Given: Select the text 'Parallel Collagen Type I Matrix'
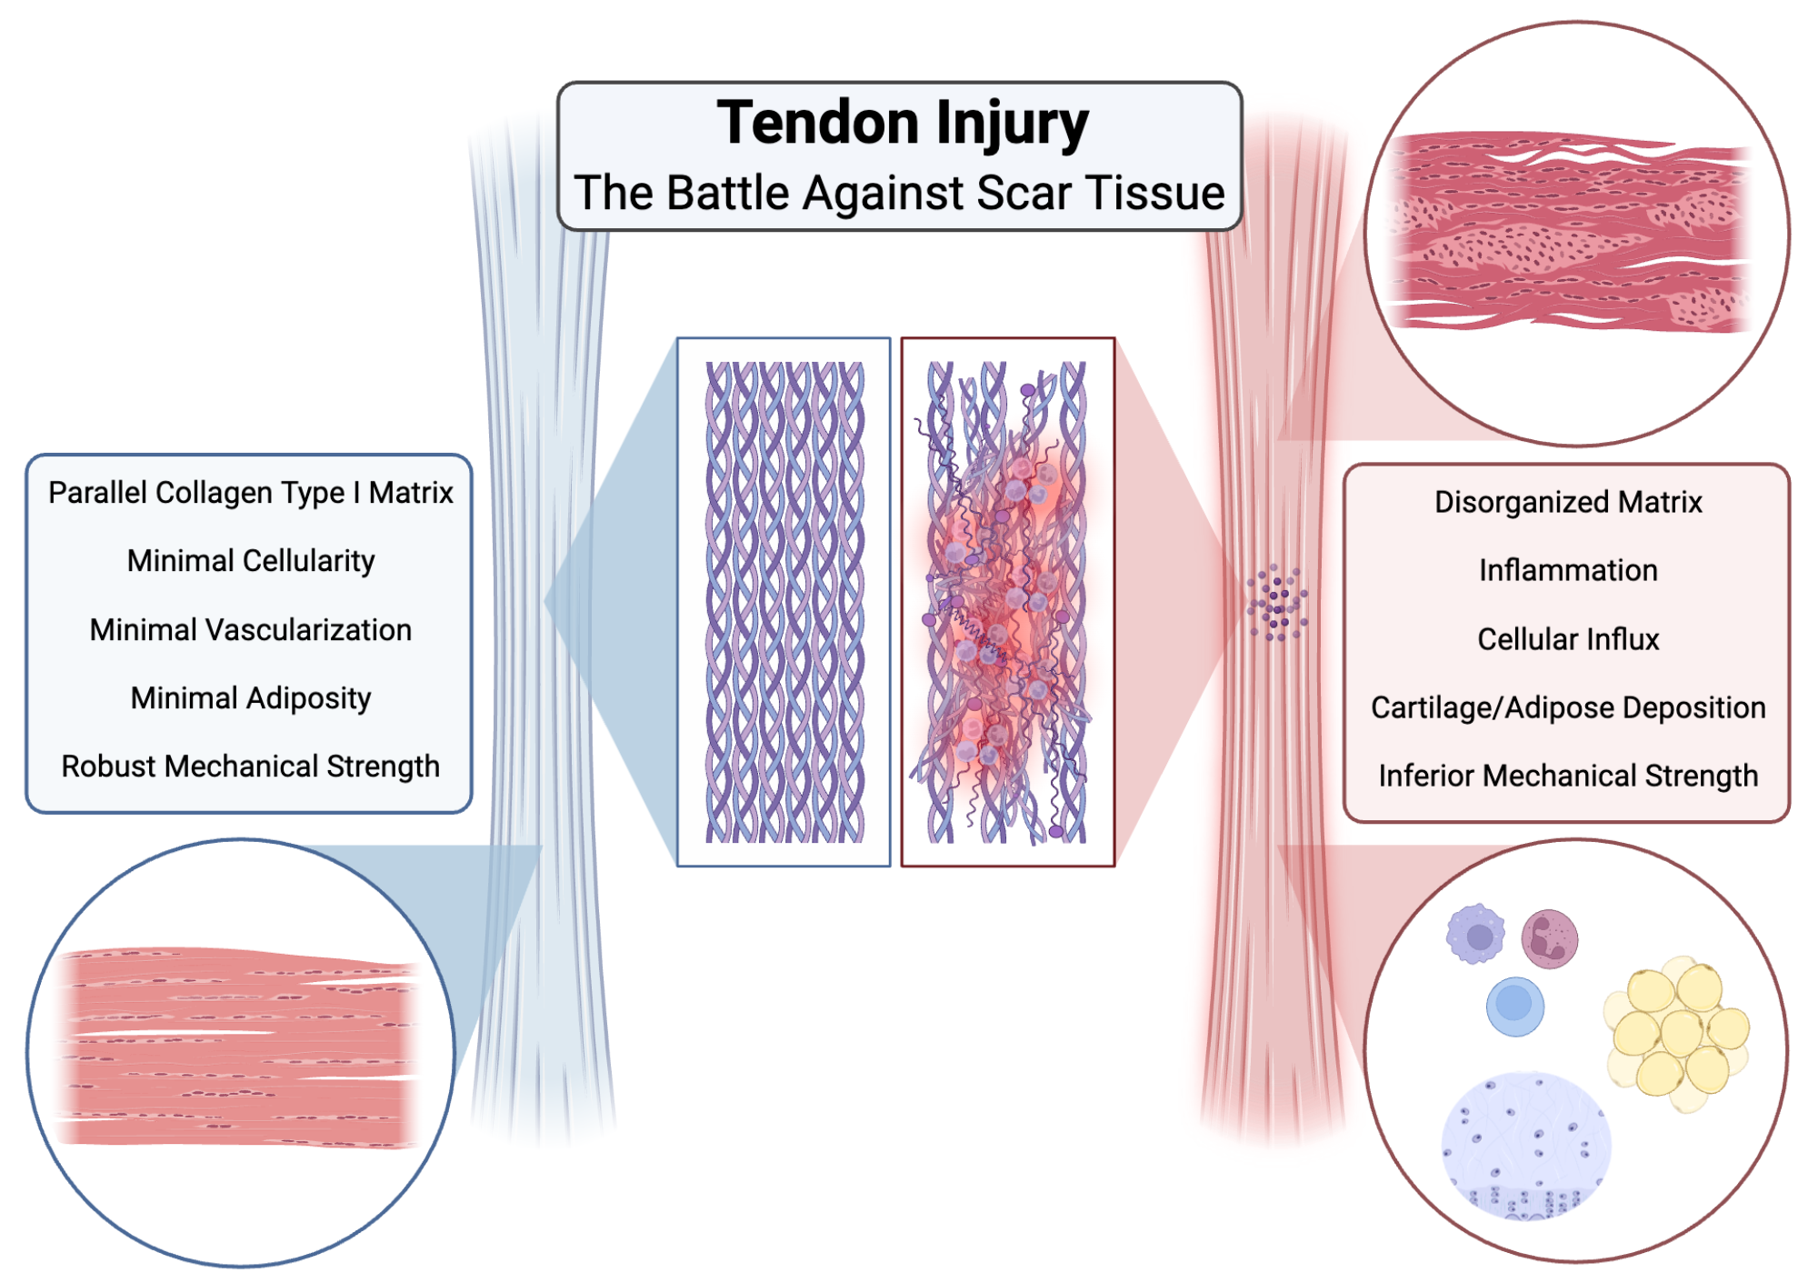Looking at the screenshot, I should (250, 493).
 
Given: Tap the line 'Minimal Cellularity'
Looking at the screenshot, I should (250, 561).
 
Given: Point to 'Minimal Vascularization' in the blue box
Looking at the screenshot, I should (250, 630).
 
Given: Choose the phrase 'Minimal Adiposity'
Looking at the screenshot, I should (250, 698).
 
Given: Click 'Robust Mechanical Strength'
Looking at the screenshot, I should (250, 767).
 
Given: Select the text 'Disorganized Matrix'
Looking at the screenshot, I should (1568, 502).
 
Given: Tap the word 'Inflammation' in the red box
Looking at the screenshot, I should (1568, 570).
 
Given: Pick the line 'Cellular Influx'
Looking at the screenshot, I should (1568, 639).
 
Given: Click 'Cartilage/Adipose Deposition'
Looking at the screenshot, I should (1568, 707).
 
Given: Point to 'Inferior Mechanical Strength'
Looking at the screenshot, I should (1568, 776).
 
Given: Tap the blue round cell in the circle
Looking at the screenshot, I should (1514, 1006).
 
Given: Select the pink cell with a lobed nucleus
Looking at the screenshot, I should (1550, 938).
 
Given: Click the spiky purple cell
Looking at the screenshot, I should (1476, 935).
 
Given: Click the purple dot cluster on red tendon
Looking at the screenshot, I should (1277, 603).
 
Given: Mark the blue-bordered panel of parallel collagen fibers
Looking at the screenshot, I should (784, 602).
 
